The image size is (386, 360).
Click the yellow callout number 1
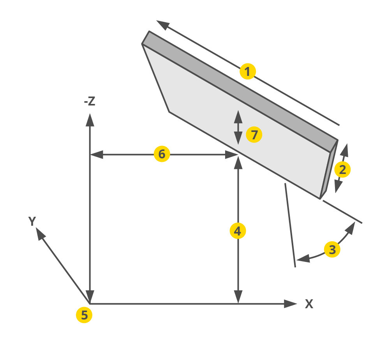(248, 72)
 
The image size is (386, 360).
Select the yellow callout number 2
(342, 169)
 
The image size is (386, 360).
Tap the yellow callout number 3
(332, 249)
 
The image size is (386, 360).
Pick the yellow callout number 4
(238, 231)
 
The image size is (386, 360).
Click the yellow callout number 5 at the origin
(84, 314)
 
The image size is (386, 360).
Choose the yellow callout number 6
(162, 154)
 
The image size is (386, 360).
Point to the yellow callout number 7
(254, 135)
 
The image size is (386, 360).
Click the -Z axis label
(89, 101)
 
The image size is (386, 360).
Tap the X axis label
(309, 304)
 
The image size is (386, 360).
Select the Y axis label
(32, 221)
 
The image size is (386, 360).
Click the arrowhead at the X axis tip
(291, 304)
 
